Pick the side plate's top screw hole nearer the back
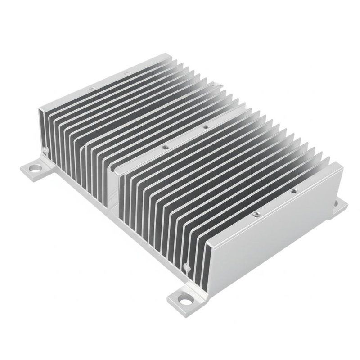point(293,190)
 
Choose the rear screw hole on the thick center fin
point(206,127)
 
